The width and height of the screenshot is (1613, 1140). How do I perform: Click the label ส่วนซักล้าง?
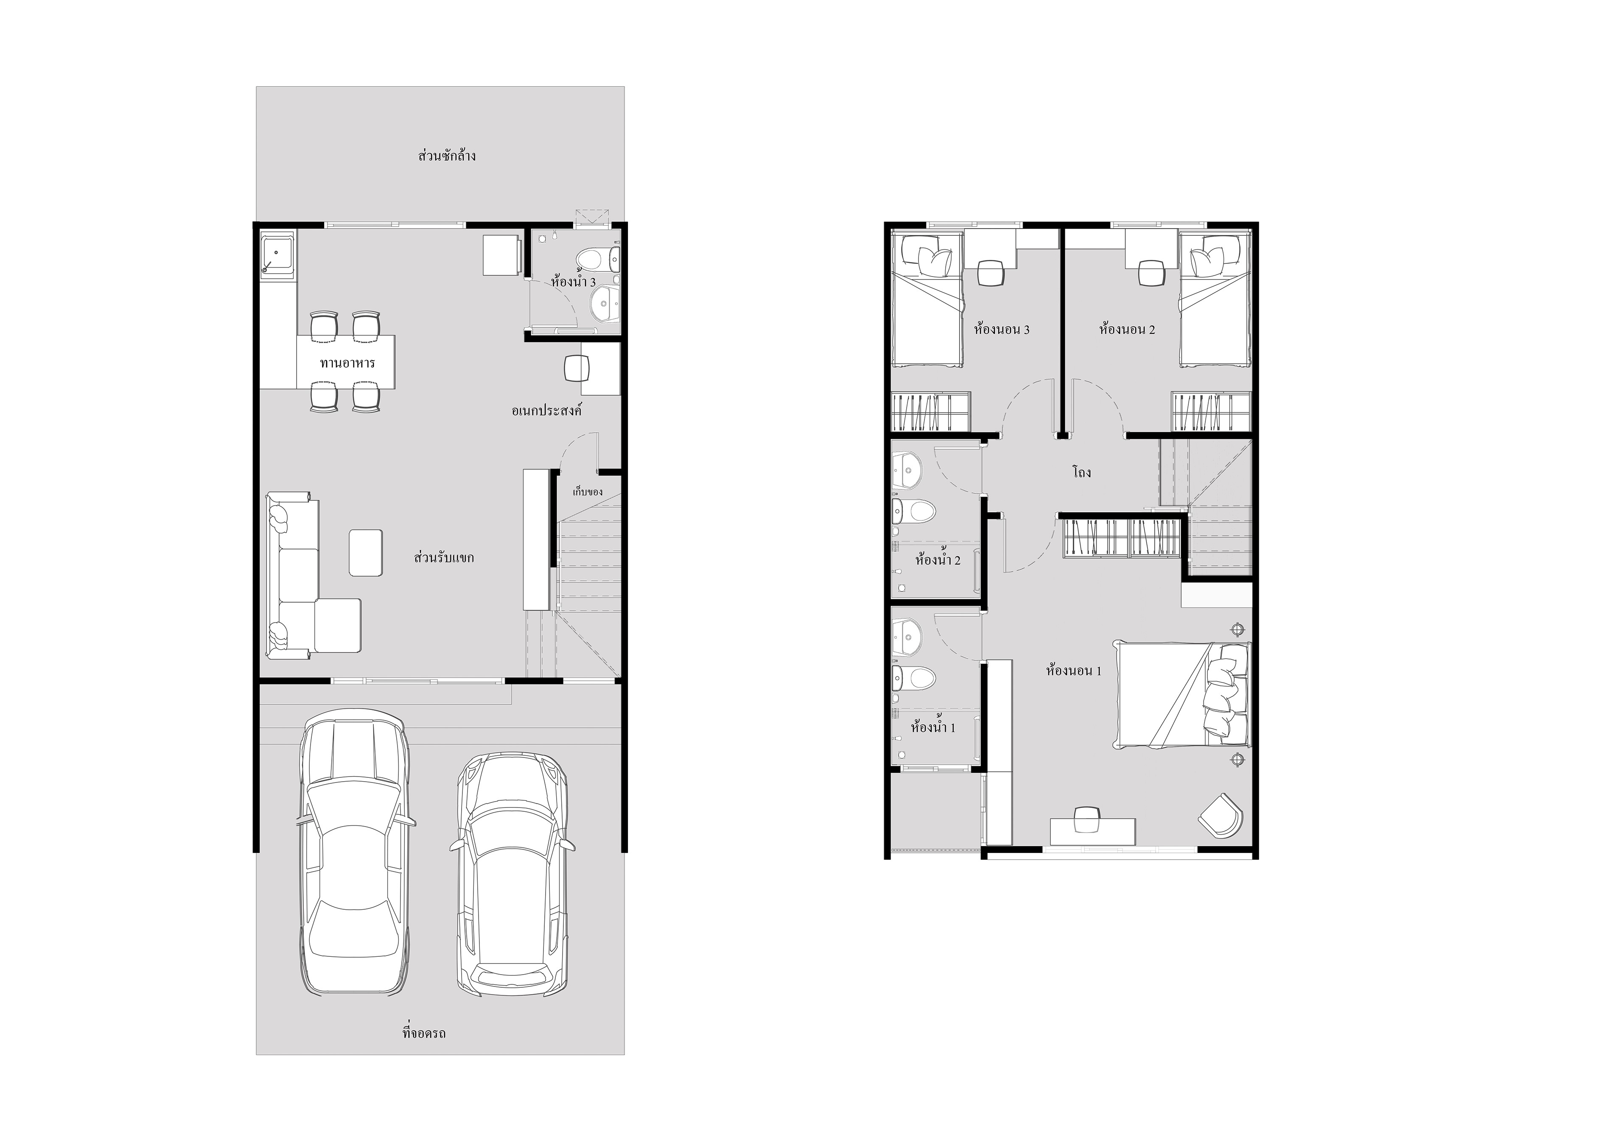447,155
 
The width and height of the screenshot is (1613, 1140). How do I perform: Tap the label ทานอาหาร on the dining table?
347,363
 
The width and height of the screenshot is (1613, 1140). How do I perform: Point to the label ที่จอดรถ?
424,1033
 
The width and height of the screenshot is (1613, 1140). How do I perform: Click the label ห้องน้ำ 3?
573,282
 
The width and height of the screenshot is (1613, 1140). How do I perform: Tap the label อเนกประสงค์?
546,410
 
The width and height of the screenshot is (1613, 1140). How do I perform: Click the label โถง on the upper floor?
1081,472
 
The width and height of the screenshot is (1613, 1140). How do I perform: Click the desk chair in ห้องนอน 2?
1150,273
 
